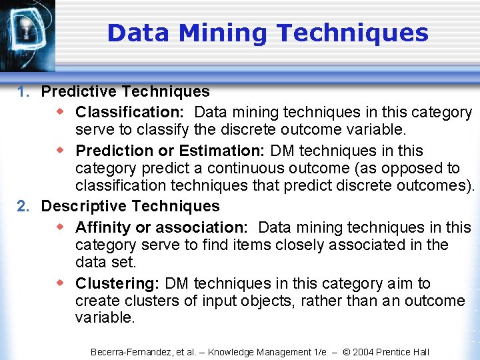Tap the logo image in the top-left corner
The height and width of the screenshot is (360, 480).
click(x=27, y=33)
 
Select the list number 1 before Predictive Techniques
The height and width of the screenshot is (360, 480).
click(x=23, y=92)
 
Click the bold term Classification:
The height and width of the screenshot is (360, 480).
click(x=131, y=112)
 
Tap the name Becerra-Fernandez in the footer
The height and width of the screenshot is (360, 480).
click(x=129, y=352)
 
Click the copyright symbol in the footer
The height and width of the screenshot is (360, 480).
click(x=347, y=352)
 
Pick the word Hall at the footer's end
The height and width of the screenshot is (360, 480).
click(x=420, y=352)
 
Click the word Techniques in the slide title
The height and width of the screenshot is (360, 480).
click(x=352, y=33)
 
